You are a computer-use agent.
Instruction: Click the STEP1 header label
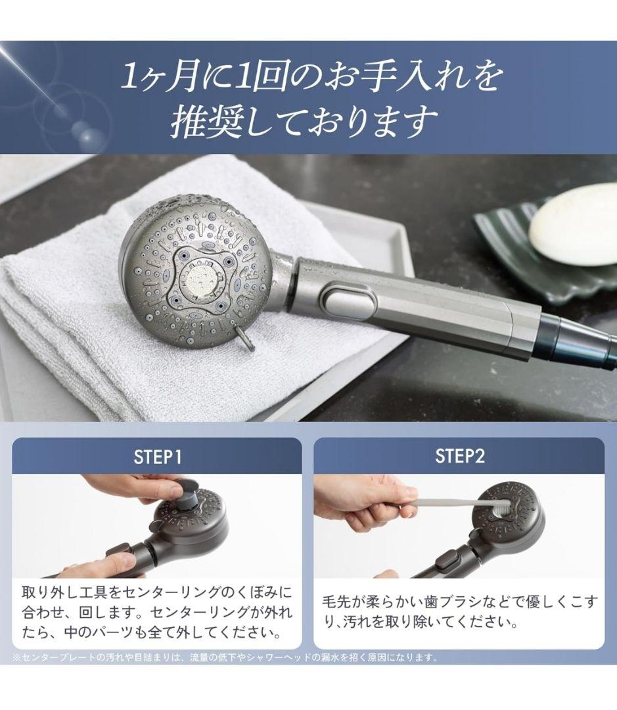156,457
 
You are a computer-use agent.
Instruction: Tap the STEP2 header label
460,457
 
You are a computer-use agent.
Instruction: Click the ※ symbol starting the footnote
16,657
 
